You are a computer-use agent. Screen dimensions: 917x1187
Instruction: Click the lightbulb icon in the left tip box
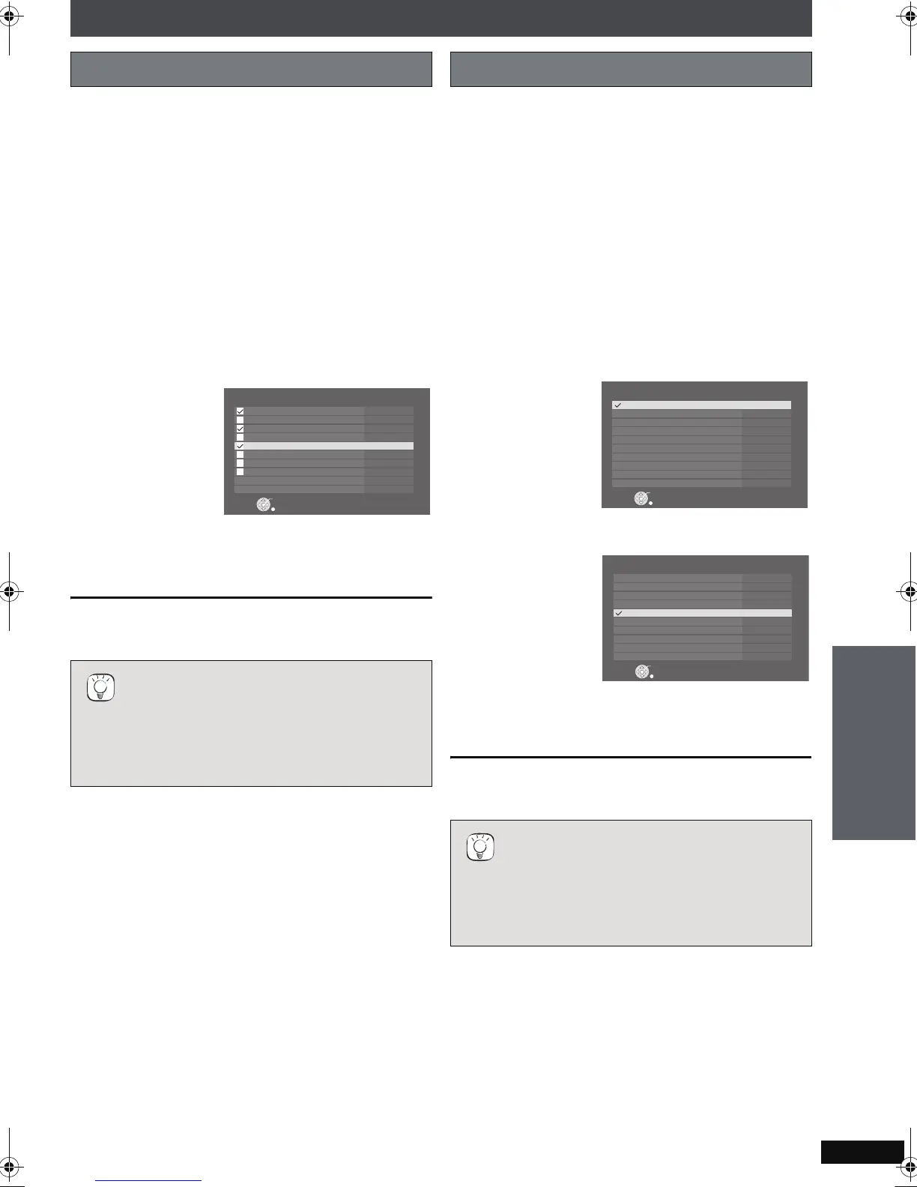pyautogui.click(x=100, y=687)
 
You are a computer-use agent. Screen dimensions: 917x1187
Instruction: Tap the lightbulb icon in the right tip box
pyautogui.click(x=480, y=847)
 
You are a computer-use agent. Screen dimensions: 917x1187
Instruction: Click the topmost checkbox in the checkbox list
pyautogui.click(x=240, y=411)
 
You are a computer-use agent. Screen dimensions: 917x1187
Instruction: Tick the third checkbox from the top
pyautogui.click(x=240, y=429)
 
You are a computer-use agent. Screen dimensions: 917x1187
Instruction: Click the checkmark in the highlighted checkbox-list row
pyautogui.click(x=240, y=446)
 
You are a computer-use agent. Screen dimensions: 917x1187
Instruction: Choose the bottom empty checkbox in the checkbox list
pyautogui.click(x=240, y=471)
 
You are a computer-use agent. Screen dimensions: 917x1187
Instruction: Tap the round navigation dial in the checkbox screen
pyautogui.click(x=263, y=505)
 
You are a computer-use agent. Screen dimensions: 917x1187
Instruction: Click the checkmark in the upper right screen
pyautogui.click(x=618, y=405)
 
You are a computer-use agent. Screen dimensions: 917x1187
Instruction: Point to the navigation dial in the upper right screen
pyautogui.click(x=641, y=498)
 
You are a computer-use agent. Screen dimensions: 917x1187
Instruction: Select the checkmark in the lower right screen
pyautogui.click(x=619, y=613)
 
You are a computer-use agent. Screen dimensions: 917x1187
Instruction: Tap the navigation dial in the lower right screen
pyautogui.click(x=642, y=671)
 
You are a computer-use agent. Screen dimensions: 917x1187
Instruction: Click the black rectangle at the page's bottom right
pyautogui.click(x=862, y=1152)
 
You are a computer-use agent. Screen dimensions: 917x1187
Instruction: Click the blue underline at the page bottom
pyautogui.click(x=149, y=1180)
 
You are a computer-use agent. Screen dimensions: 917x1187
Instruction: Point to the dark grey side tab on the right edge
pyautogui.click(x=874, y=743)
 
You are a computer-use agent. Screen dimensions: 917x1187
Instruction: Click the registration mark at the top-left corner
pyautogui.click(x=10, y=14)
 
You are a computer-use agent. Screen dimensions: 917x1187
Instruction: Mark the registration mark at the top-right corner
pyautogui.click(x=907, y=14)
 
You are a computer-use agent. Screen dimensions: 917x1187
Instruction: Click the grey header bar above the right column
pyautogui.click(x=631, y=69)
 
